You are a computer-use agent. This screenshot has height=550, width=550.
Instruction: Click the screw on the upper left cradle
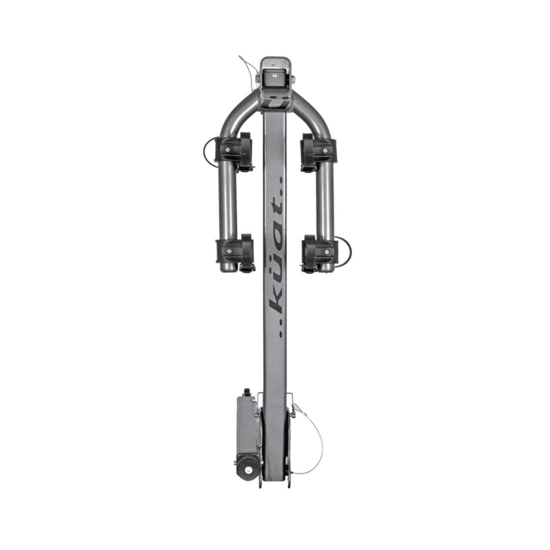coord(227,149)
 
